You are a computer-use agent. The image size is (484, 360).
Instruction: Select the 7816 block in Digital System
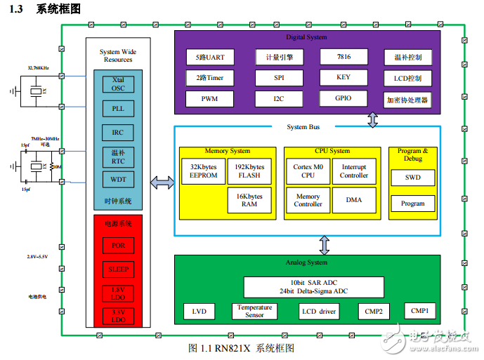pos(344,56)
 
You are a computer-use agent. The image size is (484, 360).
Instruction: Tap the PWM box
pos(210,100)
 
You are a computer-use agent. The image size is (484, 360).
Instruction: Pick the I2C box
pos(279,100)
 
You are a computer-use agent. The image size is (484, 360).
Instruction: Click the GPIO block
pos(344,99)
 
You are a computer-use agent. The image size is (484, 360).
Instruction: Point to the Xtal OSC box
pos(118,84)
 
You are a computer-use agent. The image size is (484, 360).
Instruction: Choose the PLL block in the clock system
pos(118,109)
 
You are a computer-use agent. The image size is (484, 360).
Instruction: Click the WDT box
pos(118,180)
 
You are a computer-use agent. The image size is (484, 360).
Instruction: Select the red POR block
pos(118,246)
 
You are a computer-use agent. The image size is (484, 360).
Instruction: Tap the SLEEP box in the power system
pos(118,270)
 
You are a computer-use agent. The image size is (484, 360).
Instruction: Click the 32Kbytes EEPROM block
pos(204,172)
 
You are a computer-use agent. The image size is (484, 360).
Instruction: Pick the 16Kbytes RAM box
pos(249,200)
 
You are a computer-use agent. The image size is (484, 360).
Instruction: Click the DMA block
pos(354,200)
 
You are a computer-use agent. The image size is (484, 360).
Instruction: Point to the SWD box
pos(412,178)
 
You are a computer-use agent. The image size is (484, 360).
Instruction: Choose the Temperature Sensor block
pos(254,311)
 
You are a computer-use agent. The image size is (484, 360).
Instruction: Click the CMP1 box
pos(419,310)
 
